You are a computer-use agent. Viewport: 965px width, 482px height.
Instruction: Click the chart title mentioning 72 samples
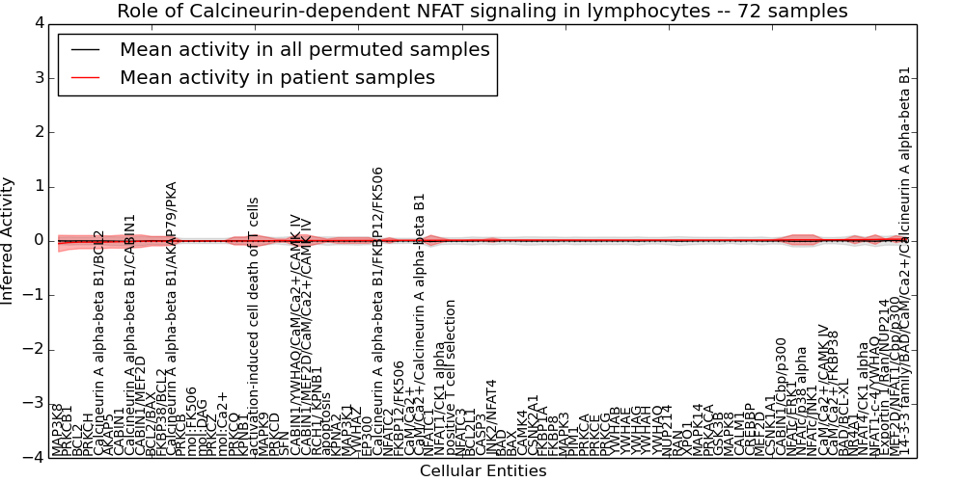482,12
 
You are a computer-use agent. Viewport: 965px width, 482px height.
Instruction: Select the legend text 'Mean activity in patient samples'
277,78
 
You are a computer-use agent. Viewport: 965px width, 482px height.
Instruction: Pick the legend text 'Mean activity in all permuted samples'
304,50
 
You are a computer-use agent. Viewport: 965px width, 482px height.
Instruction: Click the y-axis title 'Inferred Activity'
9,241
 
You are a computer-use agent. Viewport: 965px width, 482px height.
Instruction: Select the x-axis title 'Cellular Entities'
482,471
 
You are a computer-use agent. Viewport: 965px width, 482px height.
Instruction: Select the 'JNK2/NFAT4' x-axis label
492,417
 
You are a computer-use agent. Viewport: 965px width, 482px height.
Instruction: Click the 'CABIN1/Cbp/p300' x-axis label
781,396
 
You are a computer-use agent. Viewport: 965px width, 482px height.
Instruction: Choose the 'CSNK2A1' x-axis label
534,424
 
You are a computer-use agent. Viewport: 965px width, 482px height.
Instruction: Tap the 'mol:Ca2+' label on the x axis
222,424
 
